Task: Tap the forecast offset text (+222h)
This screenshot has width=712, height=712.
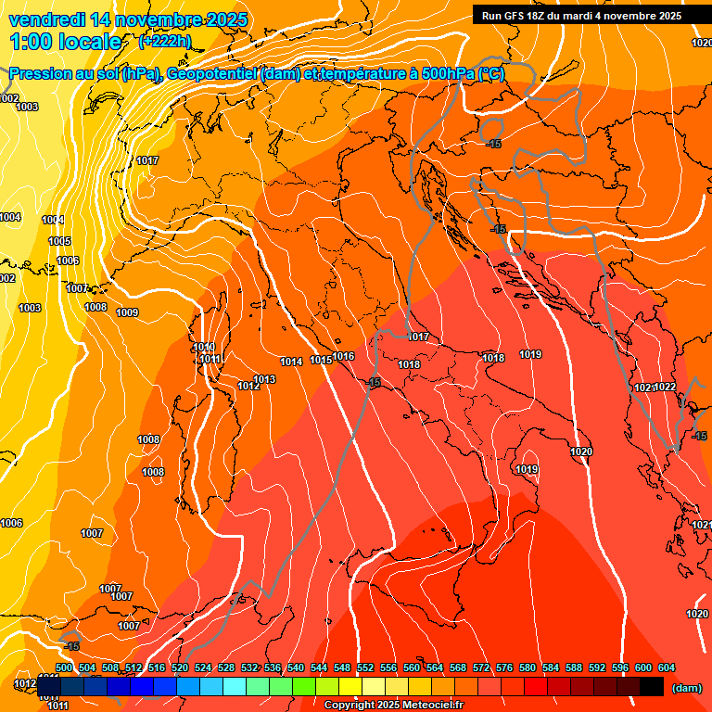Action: coord(165,41)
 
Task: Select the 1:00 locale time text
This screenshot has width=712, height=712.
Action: coord(66,42)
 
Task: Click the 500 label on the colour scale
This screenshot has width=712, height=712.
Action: coord(64,667)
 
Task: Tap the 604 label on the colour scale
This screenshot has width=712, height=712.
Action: coord(666,667)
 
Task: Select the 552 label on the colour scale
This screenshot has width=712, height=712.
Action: coord(365,667)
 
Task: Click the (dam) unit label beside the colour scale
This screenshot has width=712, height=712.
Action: coord(686,688)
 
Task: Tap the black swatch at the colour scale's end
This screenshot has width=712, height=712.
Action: coord(652,687)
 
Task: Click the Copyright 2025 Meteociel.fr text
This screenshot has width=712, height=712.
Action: coord(400,706)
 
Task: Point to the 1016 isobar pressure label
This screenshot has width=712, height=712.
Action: coord(344,356)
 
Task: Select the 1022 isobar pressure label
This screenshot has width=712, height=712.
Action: coord(665,387)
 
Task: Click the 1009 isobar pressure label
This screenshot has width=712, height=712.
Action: coord(127,312)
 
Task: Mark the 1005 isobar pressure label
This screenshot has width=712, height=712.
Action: coord(59,241)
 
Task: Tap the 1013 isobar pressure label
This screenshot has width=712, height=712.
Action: coord(265,379)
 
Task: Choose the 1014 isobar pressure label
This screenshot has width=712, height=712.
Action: coord(291,362)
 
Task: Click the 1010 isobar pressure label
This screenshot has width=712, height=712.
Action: coord(205,347)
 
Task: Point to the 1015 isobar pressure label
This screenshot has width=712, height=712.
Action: coord(321,360)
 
